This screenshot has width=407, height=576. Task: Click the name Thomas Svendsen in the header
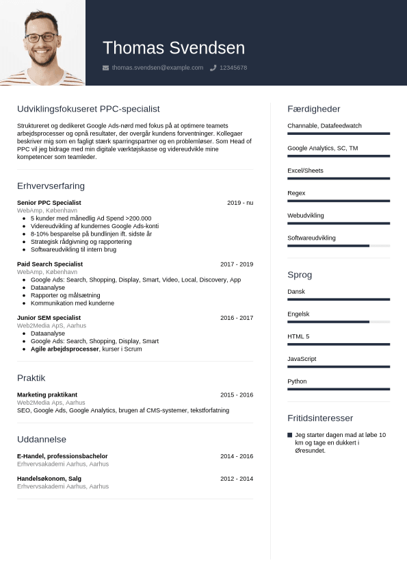pos(173,48)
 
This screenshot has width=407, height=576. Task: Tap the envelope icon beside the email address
pos(105,68)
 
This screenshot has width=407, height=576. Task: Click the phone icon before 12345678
pos(213,68)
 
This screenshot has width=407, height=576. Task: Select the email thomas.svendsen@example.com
pos(157,68)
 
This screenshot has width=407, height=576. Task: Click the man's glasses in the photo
pos(41,37)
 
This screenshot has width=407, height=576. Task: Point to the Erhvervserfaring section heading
pos(51,186)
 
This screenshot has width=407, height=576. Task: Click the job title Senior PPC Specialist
pos(49,203)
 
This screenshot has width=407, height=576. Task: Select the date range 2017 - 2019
pos(237,264)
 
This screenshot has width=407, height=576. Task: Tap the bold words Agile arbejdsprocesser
pos(65,349)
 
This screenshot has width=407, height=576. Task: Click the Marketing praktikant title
pos(47,395)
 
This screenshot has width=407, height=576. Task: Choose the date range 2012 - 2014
pos(237,478)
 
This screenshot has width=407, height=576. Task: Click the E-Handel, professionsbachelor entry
pos(62,456)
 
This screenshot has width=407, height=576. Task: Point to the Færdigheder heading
pos(313,109)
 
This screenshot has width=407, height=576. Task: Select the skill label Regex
pos(296,193)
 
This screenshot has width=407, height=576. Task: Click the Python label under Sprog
pos(297,381)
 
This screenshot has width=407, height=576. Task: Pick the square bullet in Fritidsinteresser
pos(290,435)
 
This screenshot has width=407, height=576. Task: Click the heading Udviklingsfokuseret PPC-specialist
pos(88,109)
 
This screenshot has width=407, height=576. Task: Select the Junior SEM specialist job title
pos(49,318)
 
